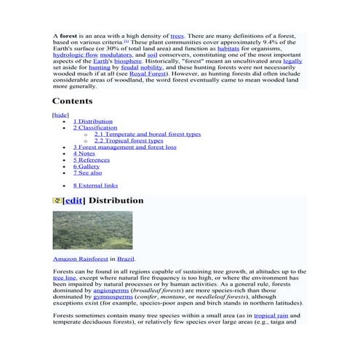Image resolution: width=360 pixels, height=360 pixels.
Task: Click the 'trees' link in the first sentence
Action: point(177,35)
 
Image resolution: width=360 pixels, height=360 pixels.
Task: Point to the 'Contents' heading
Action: point(72,101)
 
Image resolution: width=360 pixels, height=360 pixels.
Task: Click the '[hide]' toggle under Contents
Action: point(60,115)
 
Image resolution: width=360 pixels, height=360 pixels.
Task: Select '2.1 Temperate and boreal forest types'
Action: point(148,135)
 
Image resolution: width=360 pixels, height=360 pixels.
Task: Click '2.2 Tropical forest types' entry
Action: point(133,140)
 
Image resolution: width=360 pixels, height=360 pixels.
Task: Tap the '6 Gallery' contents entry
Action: point(87,167)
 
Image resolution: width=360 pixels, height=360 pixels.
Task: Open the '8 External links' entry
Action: point(95,185)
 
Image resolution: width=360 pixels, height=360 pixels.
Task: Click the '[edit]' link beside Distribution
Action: point(75,200)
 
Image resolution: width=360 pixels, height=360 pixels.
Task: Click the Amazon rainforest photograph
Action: point(82,230)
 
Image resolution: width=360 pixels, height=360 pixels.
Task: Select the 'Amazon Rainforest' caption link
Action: point(79,259)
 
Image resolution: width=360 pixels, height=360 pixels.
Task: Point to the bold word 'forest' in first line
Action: point(68,35)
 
